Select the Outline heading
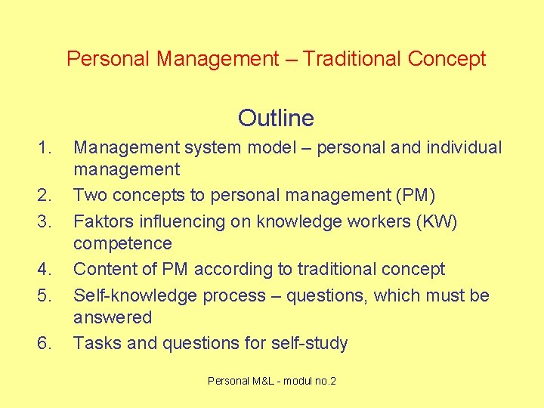(276, 118)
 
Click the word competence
(122, 243)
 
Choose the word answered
(113, 317)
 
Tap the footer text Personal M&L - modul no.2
(272, 381)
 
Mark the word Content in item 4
(104, 269)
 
